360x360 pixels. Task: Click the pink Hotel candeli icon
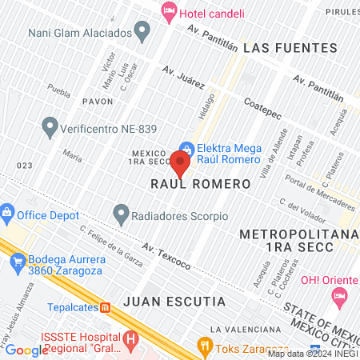click(x=168, y=11)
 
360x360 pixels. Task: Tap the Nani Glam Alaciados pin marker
click(x=143, y=33)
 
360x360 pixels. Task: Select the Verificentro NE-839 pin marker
click(x=50, y=126)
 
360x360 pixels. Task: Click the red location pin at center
click(x=180, y=164)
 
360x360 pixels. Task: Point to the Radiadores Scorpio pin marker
click(x=121, y=214)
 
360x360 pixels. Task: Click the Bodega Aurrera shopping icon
click(x=17, y=260)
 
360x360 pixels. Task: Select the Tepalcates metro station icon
click(x=105, y=307)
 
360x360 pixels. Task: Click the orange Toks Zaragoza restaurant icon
click(x=205, y=346)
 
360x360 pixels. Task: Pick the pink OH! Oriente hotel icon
click(x=338, y=296)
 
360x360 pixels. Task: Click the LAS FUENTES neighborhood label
click(x=279, y=48)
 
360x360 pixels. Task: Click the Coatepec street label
click(x=263, y=110)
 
